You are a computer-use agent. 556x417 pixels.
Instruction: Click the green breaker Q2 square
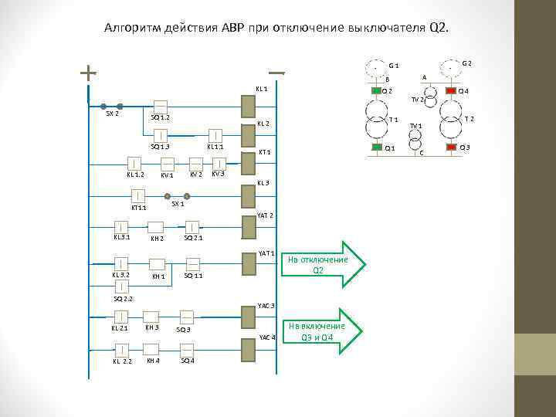376,91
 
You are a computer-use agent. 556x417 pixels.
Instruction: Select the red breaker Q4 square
451,91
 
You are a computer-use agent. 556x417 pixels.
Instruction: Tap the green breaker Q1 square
376,147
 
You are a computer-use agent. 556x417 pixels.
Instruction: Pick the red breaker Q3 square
451,147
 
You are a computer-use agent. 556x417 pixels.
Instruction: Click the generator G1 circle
376,68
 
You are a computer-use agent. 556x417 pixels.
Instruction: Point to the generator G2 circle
450,68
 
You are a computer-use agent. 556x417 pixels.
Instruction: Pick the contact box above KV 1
168,163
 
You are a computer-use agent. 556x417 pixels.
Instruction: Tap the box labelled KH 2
155,227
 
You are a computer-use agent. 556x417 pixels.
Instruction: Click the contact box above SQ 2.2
121,289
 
